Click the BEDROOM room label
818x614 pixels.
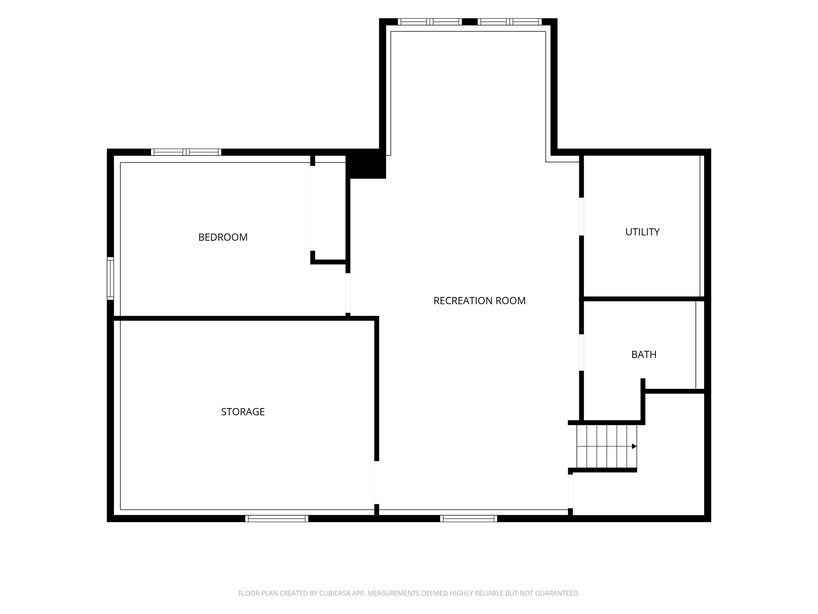click(x=223, y=237)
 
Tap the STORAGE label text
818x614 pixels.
click(x=243, y=412)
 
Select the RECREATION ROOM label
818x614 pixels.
click(x=479, y=301)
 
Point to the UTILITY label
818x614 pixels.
click(x=642, y=232)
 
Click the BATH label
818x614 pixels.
click(x=644, y=354)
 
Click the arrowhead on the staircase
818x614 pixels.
click(x=634, y=446)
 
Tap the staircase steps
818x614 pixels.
click(x=607, y=446)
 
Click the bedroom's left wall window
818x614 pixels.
click(x=110, y=278)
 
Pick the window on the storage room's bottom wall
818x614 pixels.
click(x=277, y=519)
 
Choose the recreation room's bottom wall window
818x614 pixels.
click(x=469, y=519)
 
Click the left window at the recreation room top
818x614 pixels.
click(x=430, y=22)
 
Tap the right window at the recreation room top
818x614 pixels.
click(x=510, y=22)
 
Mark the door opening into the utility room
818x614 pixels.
click(x=581, y=216)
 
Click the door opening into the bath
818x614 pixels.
click(x=581, y=352)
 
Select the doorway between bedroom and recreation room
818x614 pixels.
click(x=347, y=293)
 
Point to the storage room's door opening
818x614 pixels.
click(x=377, y=482)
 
